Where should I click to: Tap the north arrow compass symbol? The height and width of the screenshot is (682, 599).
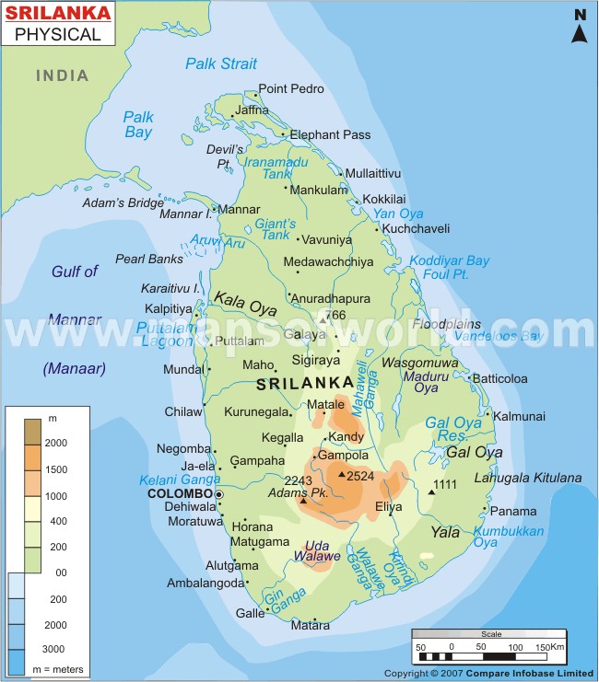click(580, 28)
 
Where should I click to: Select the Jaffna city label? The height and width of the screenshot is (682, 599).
click(253, 110)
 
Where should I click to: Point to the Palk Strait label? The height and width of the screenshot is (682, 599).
click(221, 64)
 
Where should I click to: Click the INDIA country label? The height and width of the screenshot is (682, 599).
click(63, 75)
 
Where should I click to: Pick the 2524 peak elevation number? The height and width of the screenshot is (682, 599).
click(362, 476)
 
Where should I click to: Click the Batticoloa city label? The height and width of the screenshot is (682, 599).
click(526, 378)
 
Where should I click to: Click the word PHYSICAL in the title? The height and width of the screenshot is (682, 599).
click(57, 35)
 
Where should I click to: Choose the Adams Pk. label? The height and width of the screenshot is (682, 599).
click(312, 494)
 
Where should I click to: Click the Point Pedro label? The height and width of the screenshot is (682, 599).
click(291, 88)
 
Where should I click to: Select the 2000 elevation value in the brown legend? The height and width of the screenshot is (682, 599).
click(56, 443)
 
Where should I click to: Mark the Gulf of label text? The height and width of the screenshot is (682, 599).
click(75, 272)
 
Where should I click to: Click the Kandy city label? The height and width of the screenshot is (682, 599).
click(346, 435)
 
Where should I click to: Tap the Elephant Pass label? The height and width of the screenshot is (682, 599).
click(330, 134)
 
